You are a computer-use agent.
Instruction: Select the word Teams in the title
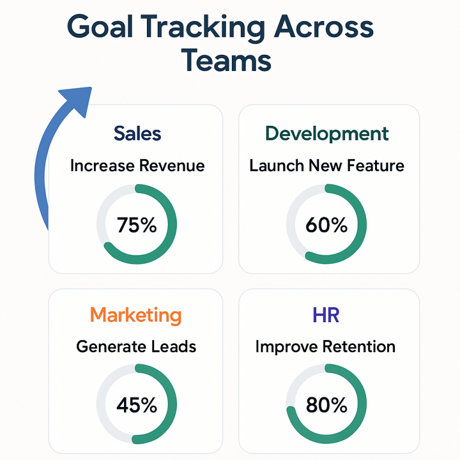(226, 60)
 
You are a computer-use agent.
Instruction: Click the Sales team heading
(137, 133)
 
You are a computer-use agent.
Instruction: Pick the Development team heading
(327, 133)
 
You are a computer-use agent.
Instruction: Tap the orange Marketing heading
(135, 314)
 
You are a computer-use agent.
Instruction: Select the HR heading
(326, 314)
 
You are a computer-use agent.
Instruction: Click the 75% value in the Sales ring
(137, 225)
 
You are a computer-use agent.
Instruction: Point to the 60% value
(326, 225)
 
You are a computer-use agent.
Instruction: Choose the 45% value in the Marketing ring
(137, 405)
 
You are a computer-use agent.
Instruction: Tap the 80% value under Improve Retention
(326, 405)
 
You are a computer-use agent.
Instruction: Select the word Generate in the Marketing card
(111, 347)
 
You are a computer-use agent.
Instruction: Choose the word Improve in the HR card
(286, 347)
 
